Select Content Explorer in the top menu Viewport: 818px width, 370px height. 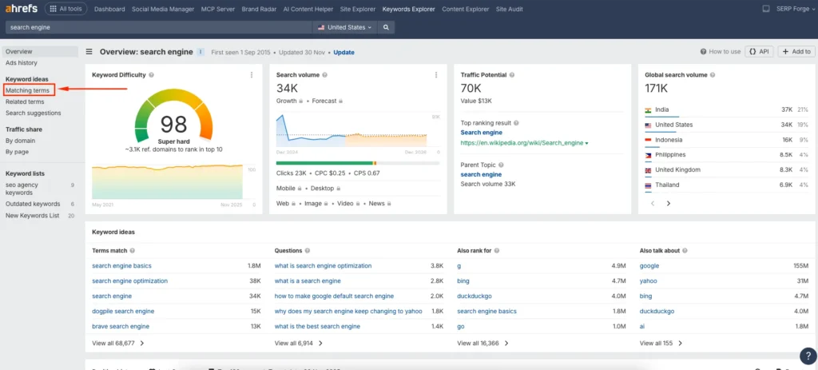(x=466, y=9)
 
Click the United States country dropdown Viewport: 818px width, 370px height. (x=346, y=27)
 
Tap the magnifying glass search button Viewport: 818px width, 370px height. (x=386, y=27)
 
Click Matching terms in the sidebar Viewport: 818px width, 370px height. (x=27, y=90)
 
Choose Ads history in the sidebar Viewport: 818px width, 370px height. (x=22, y=62)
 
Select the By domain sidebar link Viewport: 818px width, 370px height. (x=21, y=140)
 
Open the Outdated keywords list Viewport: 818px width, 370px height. (x=33, y=204)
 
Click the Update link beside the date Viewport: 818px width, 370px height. (x=343, y=52)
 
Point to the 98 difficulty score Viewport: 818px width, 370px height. (x=173, y=124)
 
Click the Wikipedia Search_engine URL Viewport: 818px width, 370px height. (x=522, y=143)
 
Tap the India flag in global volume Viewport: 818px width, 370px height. (x=649, y=109)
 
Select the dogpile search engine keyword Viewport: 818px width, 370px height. (x=123, y=311)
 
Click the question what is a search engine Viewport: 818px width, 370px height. (x=308, y=280)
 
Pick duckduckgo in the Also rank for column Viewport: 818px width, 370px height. (x=475, y=296)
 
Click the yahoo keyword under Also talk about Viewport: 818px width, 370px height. (x=649, y=280)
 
